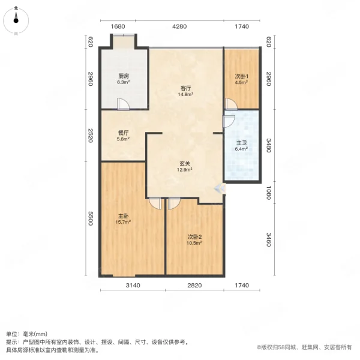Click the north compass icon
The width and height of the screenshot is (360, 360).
pos(16,20)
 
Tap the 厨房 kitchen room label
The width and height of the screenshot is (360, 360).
pos(123,76)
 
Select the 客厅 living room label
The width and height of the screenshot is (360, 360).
pos(186,88)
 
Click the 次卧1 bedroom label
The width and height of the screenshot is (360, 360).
pos(241,76)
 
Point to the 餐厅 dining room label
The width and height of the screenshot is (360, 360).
pos(123,133)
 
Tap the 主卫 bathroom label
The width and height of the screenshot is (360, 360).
pos(241,143)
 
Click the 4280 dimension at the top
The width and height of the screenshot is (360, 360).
pos(180,26)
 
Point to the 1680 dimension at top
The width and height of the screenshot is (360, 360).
pos(118,26)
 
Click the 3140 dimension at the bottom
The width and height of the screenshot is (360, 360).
pos(133,286)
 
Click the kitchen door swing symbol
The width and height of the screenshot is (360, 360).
pos(123,104)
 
